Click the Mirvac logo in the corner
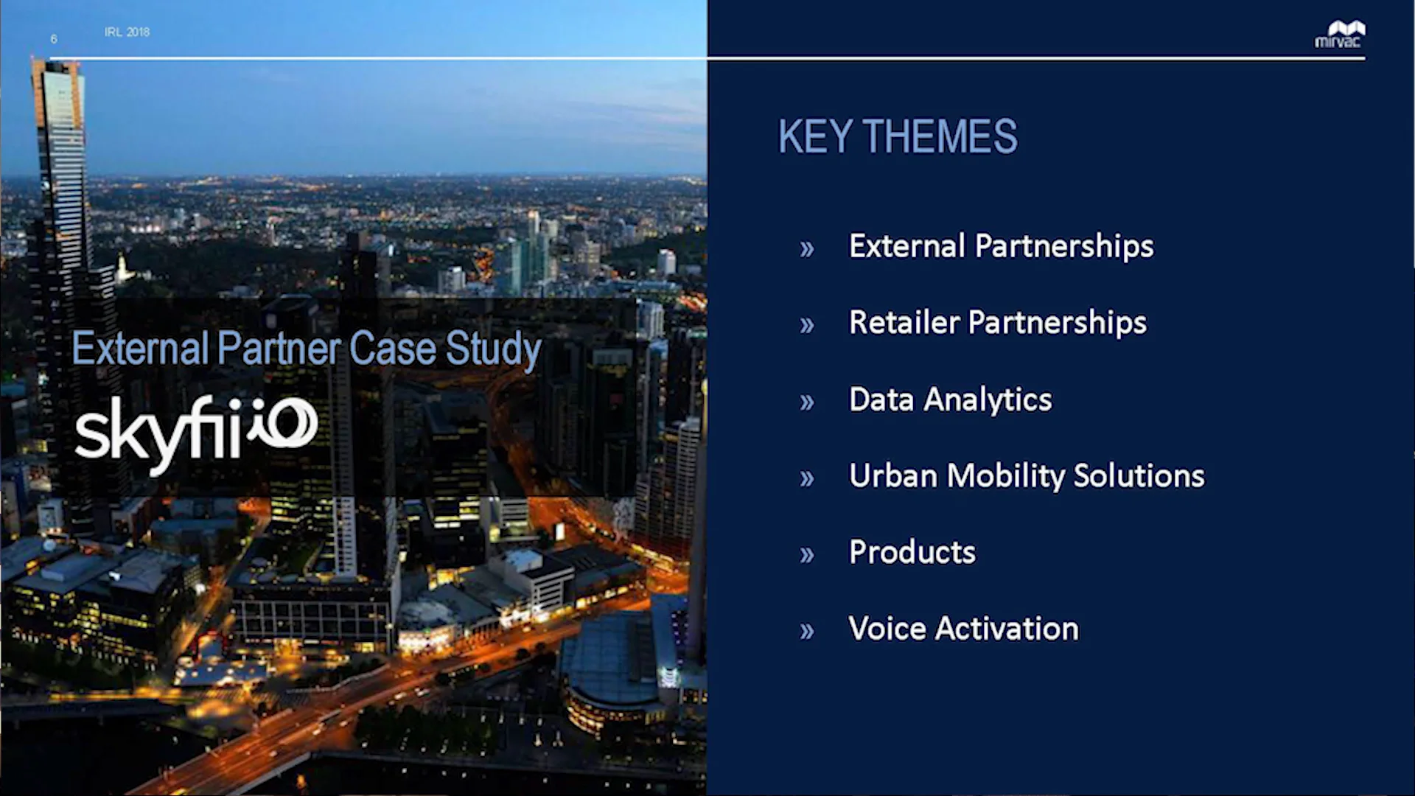(x=1339, y=34)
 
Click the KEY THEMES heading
(x=897, y=136)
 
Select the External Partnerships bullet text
(x=1001, y=246)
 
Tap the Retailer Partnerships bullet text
(x=997, y=323)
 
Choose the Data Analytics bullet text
(x=950, y=399)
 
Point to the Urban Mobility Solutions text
(x=1026, y=476)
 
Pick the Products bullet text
(x=912, y=553)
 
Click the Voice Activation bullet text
(x=963, y=629)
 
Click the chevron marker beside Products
(x=807, y=555)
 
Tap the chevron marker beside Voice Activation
(x=807, y=632)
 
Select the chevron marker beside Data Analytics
(x=807, y=402)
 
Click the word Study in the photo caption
(x=493, y=349)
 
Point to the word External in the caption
(x=140, y=349)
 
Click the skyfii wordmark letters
(x=158, y=431)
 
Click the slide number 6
(x=54, y=38)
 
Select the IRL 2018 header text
(x=127, y=32)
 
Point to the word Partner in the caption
(x=279, y=349)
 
